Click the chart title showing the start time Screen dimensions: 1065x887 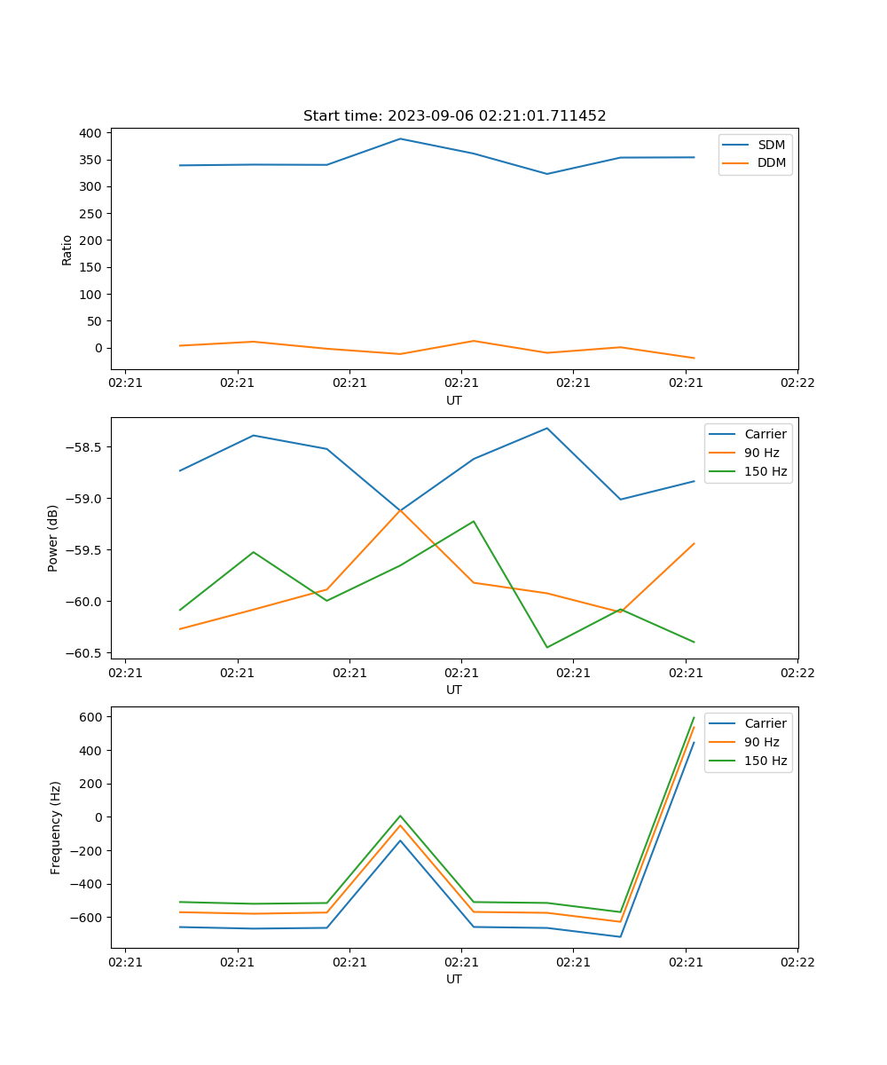pos(454,116)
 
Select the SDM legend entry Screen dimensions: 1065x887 pos(771,145)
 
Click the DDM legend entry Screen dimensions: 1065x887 pos(771,162)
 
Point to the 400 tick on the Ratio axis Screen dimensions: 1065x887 pos(90,133)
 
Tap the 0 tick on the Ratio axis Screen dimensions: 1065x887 pos(99,348)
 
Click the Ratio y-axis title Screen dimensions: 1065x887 pos(67,250)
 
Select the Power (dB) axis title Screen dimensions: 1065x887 pos(54,538)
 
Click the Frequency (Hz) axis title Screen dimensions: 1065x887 pos(56,827)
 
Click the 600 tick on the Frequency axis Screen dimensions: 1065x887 pos(91,717)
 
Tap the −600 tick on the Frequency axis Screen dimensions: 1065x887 pos(87,918)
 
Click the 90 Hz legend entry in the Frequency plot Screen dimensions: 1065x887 pos(761,742)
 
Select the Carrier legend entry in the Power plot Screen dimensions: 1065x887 pos(765,434)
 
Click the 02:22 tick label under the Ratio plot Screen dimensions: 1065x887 pos(797,383)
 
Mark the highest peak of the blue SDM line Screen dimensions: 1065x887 pos(400,138)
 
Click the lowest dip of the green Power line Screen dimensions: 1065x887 pos(546,647)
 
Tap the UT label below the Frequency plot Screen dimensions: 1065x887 pos(454,979)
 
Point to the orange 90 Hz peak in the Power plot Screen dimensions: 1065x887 pos(400,509)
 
